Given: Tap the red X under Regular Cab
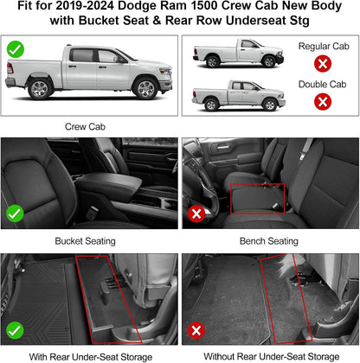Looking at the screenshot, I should point(322,63).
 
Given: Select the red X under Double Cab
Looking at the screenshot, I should point(322,102).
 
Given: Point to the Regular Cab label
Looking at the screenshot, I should point(322,44).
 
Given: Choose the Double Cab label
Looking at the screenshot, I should point(322,83).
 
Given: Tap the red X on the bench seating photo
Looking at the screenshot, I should point(196,213).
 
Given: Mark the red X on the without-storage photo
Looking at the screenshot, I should point(196,328).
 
